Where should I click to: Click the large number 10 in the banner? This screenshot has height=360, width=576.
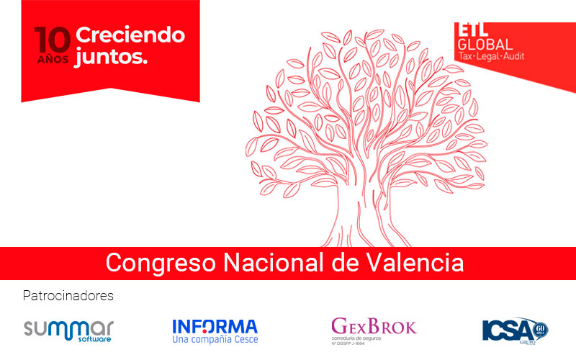53,40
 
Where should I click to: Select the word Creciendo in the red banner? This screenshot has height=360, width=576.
130,35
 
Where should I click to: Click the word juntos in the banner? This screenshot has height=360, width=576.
111,58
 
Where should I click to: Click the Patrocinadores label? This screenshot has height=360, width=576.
68,296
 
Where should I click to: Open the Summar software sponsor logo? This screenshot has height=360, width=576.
68,330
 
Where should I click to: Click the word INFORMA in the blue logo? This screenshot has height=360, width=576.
215,325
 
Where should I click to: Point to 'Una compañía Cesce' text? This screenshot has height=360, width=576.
215,339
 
